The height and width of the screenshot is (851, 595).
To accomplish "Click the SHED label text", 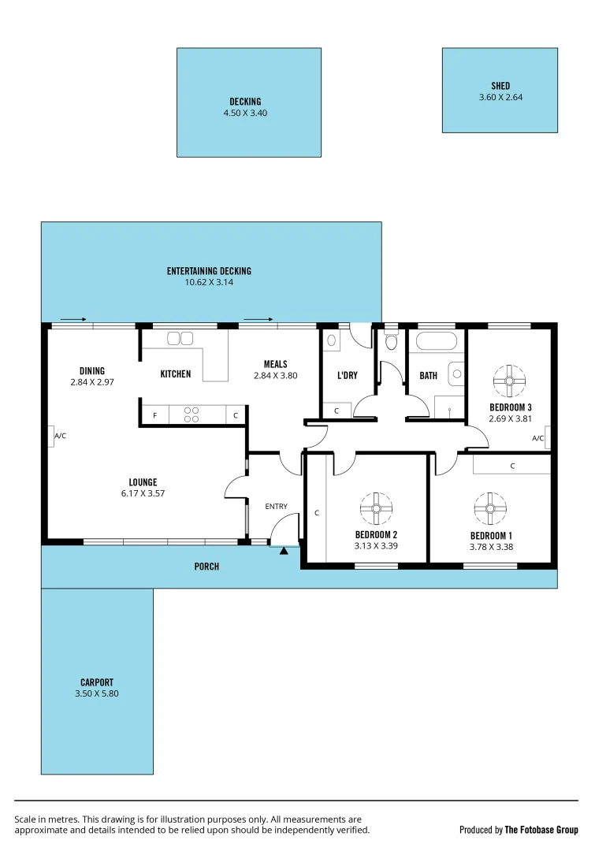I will tap(500, 86).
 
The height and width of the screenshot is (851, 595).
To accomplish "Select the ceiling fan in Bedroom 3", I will tap(509, 381).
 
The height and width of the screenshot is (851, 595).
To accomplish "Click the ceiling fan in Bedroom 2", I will tap(376, 508).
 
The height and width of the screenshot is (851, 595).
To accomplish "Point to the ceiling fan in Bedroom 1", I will tap(490, 508).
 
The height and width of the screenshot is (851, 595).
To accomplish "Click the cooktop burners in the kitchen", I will tap(192, 414).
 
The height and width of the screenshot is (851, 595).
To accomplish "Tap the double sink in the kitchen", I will tap(180, 339).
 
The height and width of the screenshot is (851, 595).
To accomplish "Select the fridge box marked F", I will tap(154, 415).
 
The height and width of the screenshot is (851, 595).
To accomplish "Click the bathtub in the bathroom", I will tap(436, 342).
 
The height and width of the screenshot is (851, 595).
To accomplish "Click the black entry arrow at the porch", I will tap(284, 550).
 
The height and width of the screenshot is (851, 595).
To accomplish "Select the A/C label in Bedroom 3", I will tap(539, 438).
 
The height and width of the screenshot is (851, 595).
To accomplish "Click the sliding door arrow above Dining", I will tap(73, 319).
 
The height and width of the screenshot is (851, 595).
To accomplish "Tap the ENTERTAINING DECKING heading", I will tap(209, 271).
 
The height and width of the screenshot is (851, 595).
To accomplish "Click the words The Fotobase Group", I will tap(541, 830).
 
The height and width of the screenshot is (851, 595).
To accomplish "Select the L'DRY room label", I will tap(348, 375).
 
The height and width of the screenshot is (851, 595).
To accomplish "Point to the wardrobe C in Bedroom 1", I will tap(512, 466).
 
